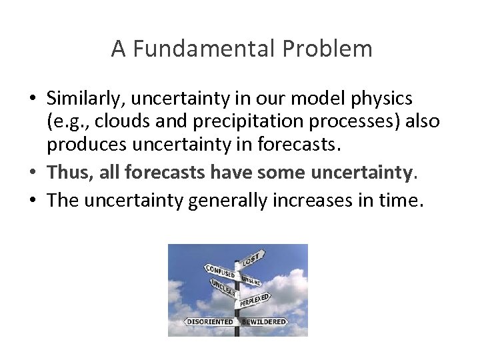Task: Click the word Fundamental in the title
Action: pos(204,49)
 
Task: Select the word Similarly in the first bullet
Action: pos(86,99)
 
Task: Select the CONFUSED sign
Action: pos(220,272)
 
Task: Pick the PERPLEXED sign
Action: pos(255,300)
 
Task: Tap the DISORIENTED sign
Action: pos(210,321)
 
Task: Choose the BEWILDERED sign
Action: pos(264,321)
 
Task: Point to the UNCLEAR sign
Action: pos(223,289)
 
